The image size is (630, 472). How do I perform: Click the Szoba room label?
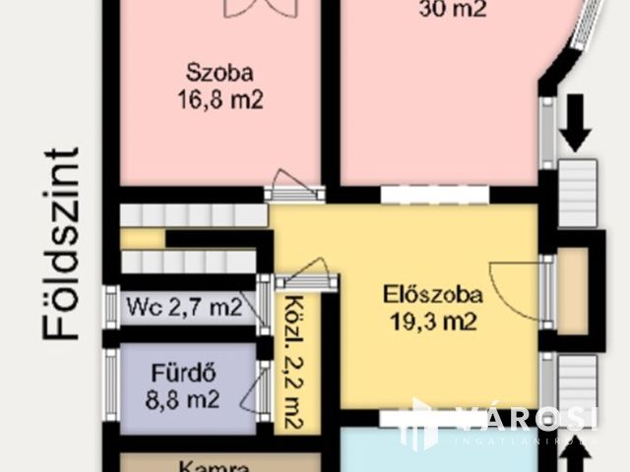[220, 72]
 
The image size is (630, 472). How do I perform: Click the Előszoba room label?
[419, 293]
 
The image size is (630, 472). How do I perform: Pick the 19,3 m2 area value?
[419, 320]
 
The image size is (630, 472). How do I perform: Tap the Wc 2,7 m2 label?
[184, 306]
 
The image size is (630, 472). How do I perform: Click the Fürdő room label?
[183, 374]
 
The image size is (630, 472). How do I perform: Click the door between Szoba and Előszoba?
[292, 183]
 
